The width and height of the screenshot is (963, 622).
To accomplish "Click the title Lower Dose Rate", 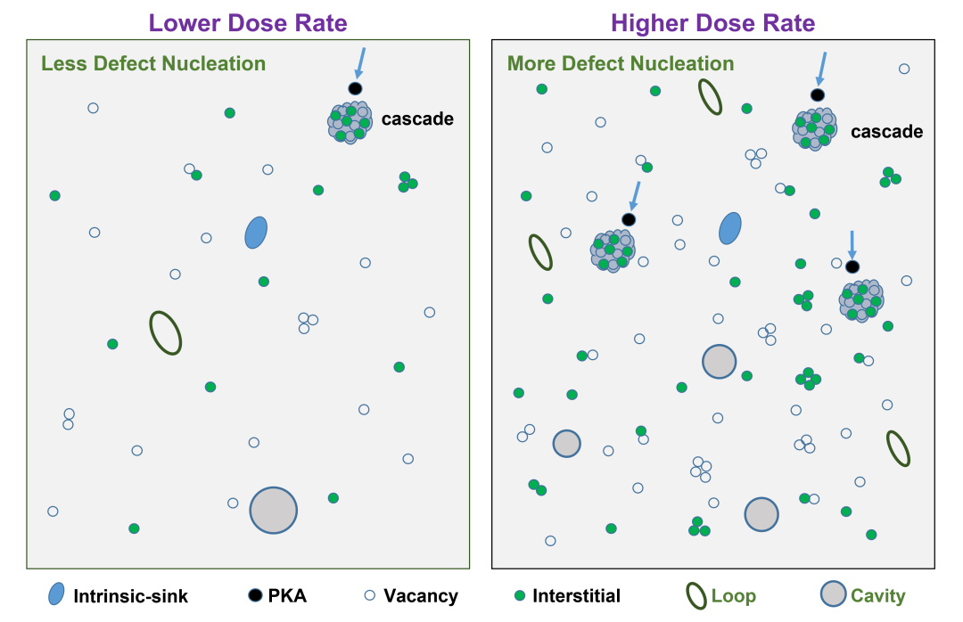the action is coord(248,23).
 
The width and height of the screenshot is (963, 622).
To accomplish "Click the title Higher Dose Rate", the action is coord(713,23).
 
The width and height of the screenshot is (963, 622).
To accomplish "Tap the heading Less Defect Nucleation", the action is coord(153,63).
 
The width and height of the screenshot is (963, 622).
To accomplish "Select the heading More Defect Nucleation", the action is coord(621,63).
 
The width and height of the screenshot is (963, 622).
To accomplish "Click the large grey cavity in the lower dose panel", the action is coord(274,511).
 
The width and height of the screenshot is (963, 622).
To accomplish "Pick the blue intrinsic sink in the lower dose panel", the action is coord(256,233).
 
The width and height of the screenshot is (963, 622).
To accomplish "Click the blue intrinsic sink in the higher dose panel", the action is coord(730,228).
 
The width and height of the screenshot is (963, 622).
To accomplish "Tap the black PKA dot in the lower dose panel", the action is coord(355,88).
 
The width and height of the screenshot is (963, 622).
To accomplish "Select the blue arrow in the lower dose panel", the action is coord(360,63).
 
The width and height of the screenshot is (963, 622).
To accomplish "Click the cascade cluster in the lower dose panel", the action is coord(350,122).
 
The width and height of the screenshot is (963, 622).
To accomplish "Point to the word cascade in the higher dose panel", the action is coord(887,131).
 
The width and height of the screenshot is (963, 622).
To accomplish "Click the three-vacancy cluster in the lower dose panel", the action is coord(307,323).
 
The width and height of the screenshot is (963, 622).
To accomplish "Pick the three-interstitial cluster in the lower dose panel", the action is coord(407,182).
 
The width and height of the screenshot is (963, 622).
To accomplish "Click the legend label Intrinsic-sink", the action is coord(131,596).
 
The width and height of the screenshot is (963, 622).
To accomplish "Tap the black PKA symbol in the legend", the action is coord(255,595).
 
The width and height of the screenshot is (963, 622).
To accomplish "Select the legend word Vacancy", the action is coord(421,595).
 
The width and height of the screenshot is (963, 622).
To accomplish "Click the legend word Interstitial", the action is coord(577,595).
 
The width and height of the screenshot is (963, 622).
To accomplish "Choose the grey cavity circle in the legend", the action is coord(834,594).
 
